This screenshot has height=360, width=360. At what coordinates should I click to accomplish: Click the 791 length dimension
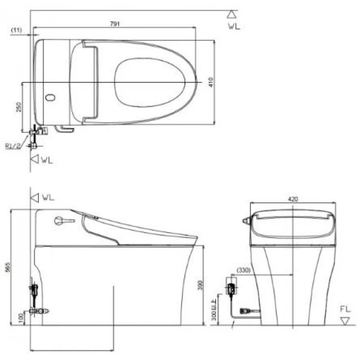[x=115, y=23]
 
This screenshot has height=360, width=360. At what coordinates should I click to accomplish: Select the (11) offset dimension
[x=16, y=30]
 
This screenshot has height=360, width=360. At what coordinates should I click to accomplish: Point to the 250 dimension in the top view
[x=18, y=107]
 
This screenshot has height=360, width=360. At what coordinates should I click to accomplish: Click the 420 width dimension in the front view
[x=293, y=198]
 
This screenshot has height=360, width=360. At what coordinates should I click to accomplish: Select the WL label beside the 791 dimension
[x=234, y=27]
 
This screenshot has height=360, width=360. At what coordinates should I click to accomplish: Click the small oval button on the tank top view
[x=50, y=97]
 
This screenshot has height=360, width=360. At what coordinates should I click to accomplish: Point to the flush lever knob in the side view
[x=59, y=221]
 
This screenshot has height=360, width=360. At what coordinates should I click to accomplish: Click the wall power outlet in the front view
[x=232, y=289]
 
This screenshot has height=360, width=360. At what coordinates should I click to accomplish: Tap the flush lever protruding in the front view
[x=246, y=221]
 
